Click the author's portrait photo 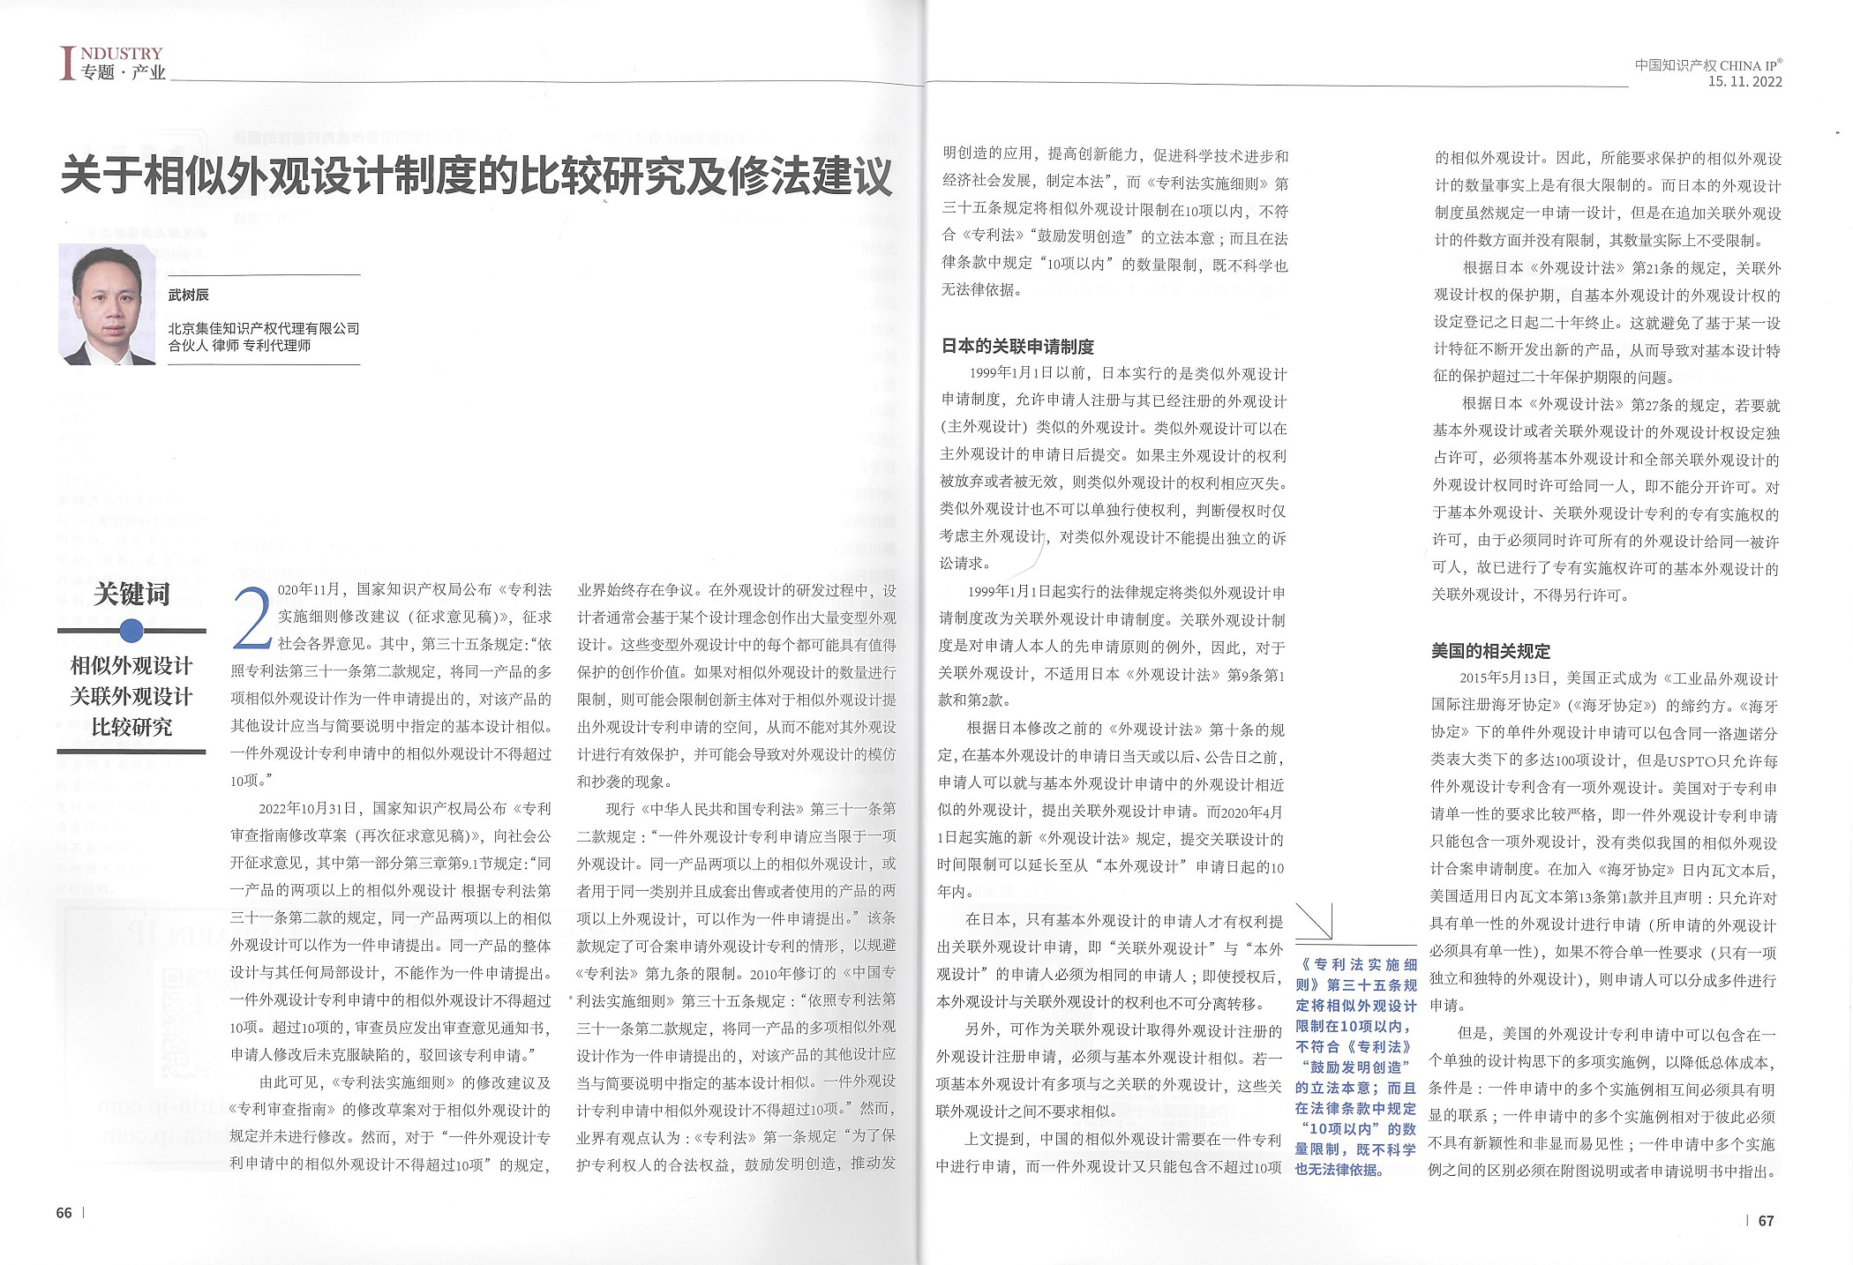(107, 303)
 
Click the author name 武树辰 (189, 295)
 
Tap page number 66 (64, 1213)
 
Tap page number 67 (1766, 1221)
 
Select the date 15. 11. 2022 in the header (1744, 82)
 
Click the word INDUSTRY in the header (122, 54)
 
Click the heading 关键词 (131, 594)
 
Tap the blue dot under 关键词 (131, 630)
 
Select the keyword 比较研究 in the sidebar (131, 727)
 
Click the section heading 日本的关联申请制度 (1017, 347)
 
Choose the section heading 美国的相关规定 (1490, 651)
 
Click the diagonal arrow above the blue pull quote (1315, 923)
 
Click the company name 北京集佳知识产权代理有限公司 (264, 328)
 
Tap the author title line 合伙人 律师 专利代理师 (239, 346)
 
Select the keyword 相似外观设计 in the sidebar (131, 665)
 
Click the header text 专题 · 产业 (123, 72)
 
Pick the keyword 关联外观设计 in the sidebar (131, 696)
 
